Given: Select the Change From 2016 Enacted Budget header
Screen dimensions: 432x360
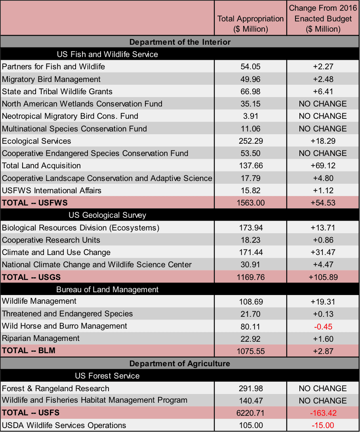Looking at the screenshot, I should pos(323,19).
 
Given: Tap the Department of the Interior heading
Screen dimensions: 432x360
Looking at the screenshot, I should pos(180,42).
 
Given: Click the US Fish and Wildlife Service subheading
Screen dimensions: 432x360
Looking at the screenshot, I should pos(107,54).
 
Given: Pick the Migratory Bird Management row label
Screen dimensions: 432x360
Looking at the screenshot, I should pos(51,79).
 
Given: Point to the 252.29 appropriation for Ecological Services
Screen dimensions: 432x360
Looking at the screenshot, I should pos(250,141).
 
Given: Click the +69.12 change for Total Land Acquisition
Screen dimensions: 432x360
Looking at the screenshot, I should pos(323,166).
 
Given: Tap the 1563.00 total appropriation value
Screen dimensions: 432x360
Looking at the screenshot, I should pos(250,203).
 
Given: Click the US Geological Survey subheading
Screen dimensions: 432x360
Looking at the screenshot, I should pos(107,215).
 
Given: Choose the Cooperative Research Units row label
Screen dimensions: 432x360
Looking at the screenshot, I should pos(51,240).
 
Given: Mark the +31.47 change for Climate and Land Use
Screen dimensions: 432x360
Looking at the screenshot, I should pos(323,252).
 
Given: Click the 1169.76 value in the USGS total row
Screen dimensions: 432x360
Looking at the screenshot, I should pos(250,277).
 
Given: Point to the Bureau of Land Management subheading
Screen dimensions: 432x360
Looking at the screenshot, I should pos(107,289).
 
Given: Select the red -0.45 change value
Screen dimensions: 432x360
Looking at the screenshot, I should pos(323,326).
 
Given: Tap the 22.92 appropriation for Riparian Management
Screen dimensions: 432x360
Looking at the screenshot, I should pos(250,339).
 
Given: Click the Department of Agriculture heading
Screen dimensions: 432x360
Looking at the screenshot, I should pos(180,363).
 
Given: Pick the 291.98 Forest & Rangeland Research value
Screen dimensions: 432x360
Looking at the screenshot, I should pos(250,388).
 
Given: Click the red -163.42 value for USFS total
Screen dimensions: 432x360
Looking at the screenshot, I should pos(323,413).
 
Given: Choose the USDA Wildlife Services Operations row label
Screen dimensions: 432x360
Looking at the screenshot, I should pos(64,425).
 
